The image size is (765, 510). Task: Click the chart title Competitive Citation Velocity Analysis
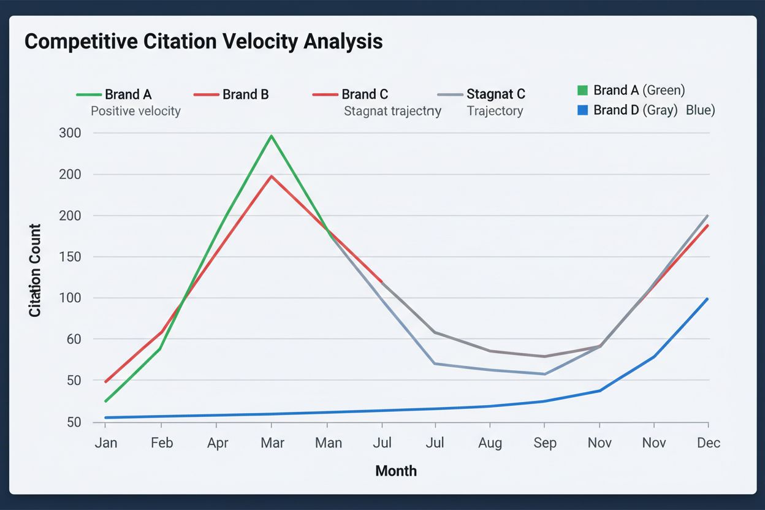[204, 42]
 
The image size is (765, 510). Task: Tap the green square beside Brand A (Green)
[583, 91]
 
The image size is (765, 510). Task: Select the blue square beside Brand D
[583, 110]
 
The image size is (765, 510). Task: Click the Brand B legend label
[245, 94]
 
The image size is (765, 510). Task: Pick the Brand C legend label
[365, 94]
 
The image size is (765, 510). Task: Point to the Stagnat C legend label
[495, 94]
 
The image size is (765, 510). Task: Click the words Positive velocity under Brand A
[135, 112]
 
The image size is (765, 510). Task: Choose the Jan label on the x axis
[106, 443]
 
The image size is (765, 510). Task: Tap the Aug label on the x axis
[490, 443]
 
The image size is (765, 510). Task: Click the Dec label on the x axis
[709, 443]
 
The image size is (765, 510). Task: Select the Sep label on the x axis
[544, 443]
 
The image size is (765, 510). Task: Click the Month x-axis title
[396, 471]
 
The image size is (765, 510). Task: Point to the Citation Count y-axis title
[36, 270]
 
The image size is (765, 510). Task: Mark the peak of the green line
[272, 135]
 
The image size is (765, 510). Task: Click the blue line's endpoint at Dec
[708, 299]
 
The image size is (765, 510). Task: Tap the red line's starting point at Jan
[106, 382]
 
